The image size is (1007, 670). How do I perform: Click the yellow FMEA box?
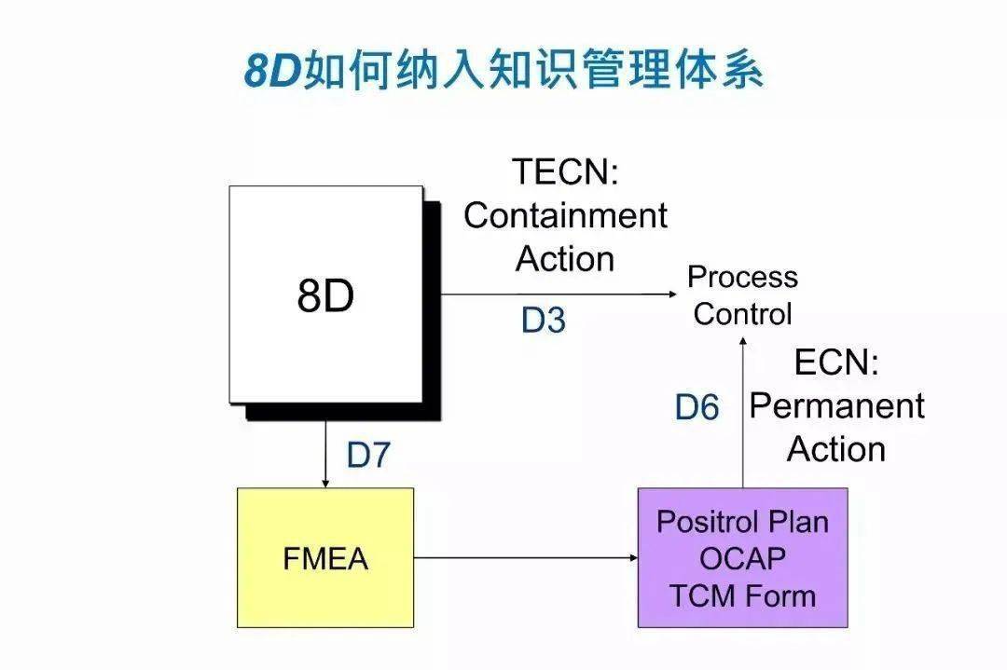click(x=325, y=557)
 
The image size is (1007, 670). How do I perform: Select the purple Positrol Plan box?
click(x=742, y=557)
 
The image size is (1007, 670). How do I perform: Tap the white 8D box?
click(x=326, y=295)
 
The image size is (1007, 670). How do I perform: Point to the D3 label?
click(x=544, y=321)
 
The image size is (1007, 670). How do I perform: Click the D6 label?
click(x=697, y=407)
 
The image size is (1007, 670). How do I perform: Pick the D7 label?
click(x=369, y=456)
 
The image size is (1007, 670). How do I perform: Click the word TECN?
click(x=565, y=172)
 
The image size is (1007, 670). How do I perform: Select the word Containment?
click(x=565, y=215)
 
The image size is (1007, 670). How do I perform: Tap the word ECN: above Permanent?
click(x=835, y=362)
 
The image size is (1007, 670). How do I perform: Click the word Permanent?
click(x=836, y=406)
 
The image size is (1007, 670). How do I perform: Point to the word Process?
click(x=742, y=277)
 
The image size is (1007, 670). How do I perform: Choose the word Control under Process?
click(x=742, y=314)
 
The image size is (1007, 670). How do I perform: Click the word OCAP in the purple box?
click(x=742, y=558)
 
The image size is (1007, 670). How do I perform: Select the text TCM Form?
click(x=742, y=595)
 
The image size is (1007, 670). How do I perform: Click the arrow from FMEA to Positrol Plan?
click(x=526, y=558)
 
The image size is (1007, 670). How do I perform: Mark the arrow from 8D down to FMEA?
click(x=324, y=454)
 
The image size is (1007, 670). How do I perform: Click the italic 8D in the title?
click(x=271, y=71)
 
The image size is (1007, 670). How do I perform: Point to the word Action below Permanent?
click(x=835, y=449)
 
